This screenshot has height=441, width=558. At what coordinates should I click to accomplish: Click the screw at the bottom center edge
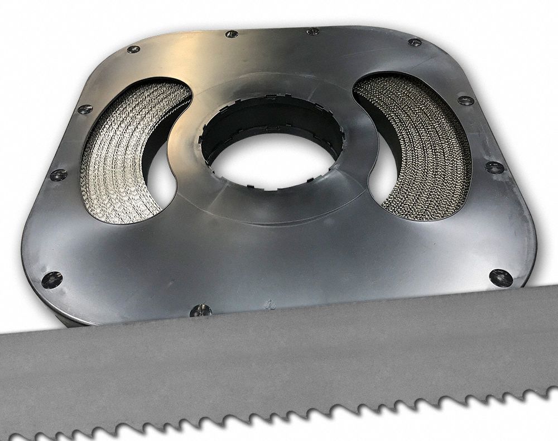[200, 310]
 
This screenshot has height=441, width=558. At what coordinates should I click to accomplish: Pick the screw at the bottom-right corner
[501, 277]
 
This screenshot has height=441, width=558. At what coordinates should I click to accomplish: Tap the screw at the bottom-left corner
[52, 279]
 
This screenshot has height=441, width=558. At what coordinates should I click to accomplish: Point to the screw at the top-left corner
[133, 49]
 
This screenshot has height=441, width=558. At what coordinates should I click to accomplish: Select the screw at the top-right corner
[415, 42]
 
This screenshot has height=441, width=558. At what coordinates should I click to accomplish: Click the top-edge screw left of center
[232, 34]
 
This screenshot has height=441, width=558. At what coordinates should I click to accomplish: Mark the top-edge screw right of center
[314, 31]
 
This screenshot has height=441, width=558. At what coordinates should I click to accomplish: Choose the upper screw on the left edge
[85, 109]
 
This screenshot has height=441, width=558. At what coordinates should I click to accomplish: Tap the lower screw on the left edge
[58, 175]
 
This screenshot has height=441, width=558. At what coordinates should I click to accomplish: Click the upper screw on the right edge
[465, 100]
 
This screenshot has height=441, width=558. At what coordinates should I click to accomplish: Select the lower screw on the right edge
[494, 167]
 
